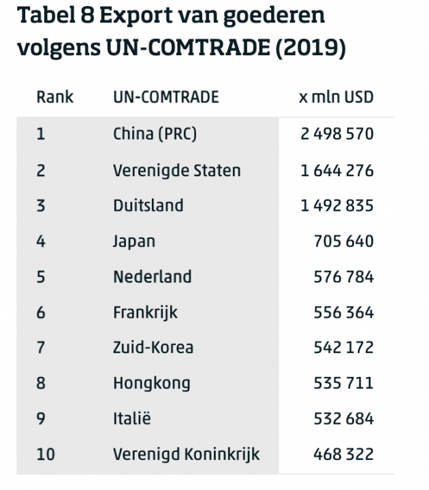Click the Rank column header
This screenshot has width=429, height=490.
[x=54, y=97]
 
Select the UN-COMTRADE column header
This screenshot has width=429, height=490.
[x=165, y=97]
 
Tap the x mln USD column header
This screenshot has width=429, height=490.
[x=336, y=97]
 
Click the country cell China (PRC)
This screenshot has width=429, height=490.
[x=155, y=134]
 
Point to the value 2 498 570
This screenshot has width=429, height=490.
[x=337, y=134]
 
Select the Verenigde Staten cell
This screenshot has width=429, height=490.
[x=176, y=170]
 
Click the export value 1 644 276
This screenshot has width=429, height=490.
[x=337, y=170]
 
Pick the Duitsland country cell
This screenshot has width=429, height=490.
[x=148, y=206]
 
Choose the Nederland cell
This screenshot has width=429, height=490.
[x=152, y=277]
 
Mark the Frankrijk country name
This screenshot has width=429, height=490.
[x=145, y=312]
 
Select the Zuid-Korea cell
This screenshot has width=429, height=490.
[x=153, y=348]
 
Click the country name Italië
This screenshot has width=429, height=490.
[x=131, y=419]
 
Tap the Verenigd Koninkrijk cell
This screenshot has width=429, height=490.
[x=186, y=454]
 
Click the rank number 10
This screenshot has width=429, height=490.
[x=46, y=454]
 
